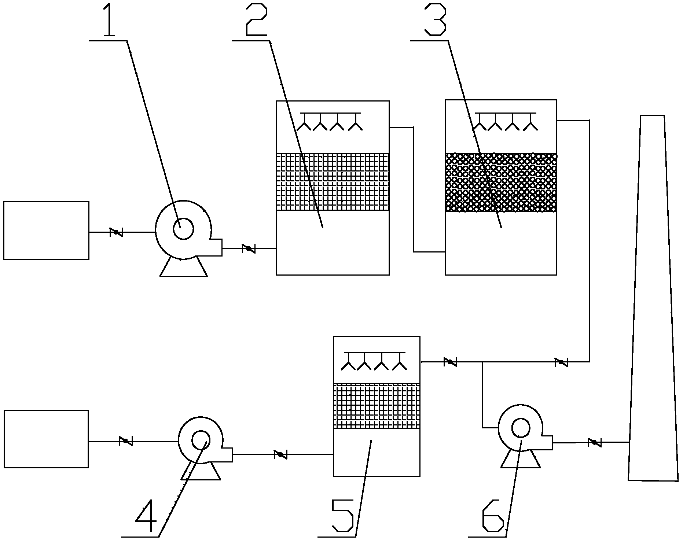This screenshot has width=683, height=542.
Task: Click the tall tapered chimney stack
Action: pos(653,298)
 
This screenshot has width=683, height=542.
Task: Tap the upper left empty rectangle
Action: pos(46,230)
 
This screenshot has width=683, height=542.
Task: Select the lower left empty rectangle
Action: pos(46,439)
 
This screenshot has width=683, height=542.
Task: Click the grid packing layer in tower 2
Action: pos(333,182)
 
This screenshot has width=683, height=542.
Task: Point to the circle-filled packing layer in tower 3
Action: pos(501,182)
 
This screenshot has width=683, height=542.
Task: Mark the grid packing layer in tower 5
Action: pos(377,406)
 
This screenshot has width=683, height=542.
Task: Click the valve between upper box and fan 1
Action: pos(116,232)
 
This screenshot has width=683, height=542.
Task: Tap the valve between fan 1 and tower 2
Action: pos(249,248)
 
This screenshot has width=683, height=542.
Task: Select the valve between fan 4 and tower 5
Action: pos(280,454)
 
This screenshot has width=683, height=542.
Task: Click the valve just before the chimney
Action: pos(594,442)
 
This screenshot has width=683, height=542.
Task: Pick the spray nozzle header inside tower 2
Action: pos(331,121)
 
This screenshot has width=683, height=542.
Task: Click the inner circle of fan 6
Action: pos(521,428)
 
